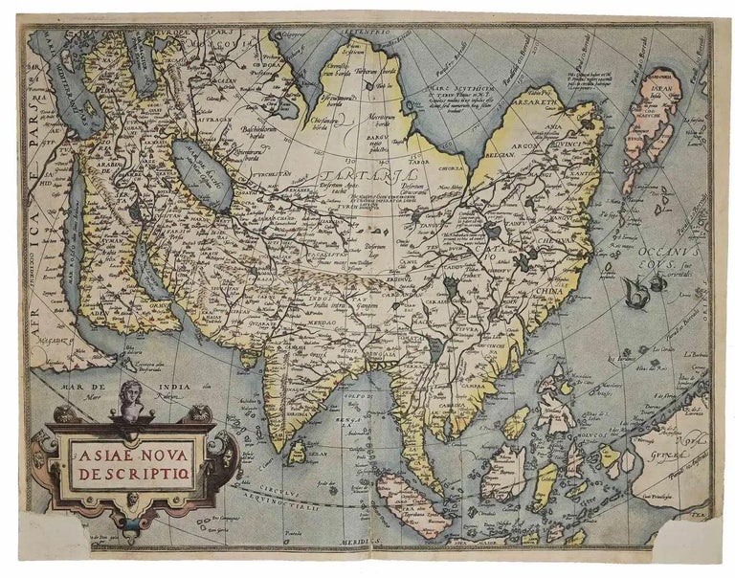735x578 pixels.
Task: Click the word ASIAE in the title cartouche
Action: (x=98, y=450)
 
